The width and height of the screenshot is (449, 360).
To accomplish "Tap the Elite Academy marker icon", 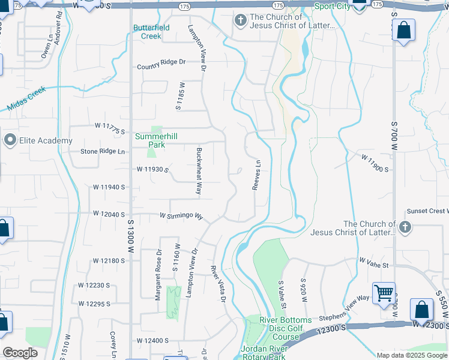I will click(x=10, y=140).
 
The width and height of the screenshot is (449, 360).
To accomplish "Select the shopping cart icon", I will click(x=384, y=293).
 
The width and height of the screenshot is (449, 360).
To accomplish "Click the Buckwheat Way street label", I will click(x=199, y=171).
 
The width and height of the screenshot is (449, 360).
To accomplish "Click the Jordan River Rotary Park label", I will click(x=271, y=353).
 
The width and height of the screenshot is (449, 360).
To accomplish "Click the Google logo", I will click(x=20, y=353).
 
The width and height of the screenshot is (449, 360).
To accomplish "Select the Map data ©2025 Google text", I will click(x=412, y=355).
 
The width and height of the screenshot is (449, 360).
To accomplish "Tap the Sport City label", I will click(x=333, y=7).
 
